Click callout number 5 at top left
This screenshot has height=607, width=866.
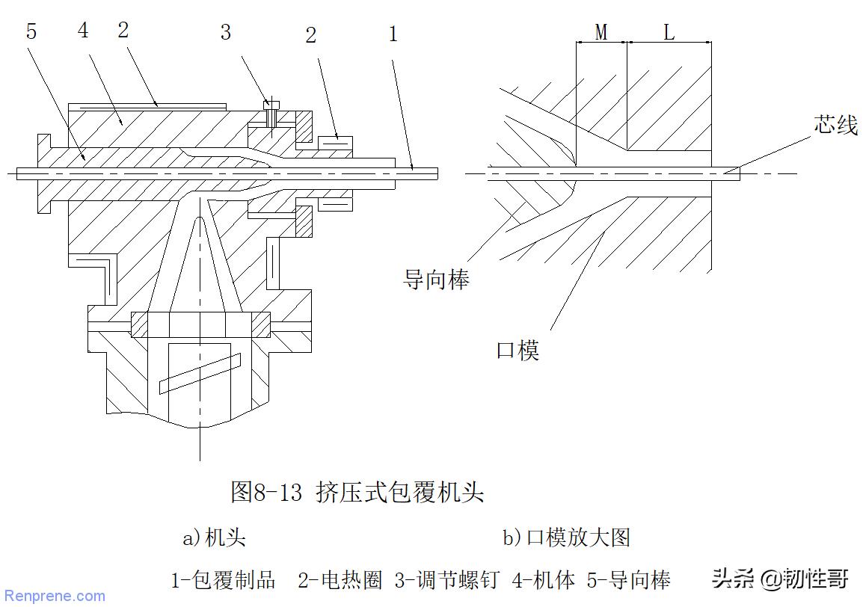[x=31, y=31]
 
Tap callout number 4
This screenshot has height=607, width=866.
[x=82, y=31]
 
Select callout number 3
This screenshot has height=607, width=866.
[x=225, y=32]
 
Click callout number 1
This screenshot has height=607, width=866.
[x=393, y=34]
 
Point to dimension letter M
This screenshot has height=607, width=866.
[x=601, y=32]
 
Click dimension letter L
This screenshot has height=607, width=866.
[x=669, y=32]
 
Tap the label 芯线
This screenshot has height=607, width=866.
[x=835, y=125]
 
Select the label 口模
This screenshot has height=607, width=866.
[x=518, y=350]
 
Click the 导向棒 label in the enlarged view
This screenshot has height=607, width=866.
[x=436, y=280]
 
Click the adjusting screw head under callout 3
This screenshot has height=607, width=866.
[x=271, y=105]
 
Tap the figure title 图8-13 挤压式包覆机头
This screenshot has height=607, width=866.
[x=357, y=492]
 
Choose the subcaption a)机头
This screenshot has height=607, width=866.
[x=215, y=537]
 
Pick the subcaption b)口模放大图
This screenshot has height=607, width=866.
[x=566, y=537]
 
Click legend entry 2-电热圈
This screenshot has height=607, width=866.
[x=340, y=579]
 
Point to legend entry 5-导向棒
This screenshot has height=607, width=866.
[x=630, y=579]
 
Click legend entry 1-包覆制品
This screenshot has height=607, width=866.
[x=224, y=579]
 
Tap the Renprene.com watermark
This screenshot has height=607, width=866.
[x=54, y=596]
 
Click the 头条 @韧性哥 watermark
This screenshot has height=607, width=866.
[x=780, y=579]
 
